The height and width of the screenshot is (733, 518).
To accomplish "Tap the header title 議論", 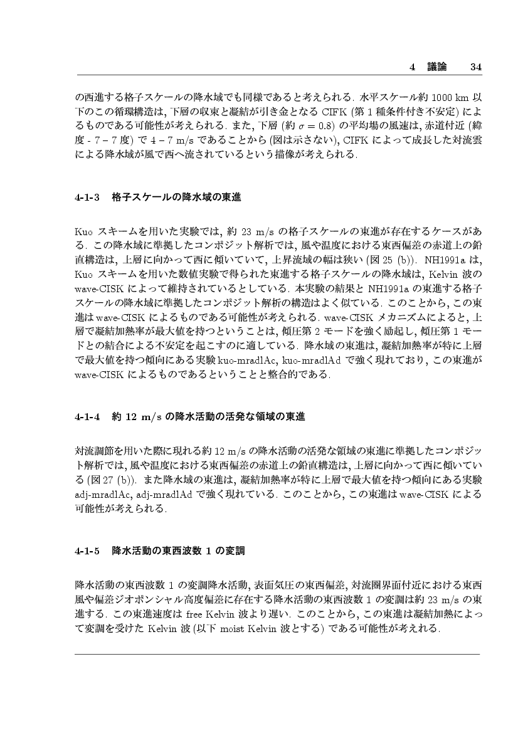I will [433, 66].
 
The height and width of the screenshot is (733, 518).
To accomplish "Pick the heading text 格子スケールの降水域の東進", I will [176, 197].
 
